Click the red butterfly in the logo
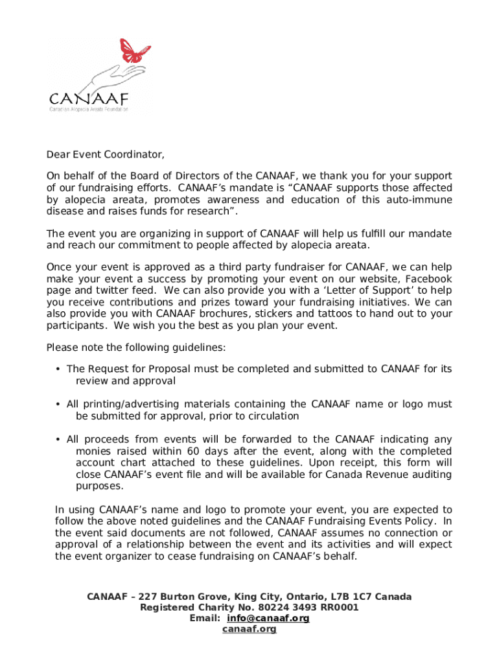pos(135,51)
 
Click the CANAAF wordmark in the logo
pos(89,99)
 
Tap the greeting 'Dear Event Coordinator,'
pos(105,155)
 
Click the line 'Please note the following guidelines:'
pos(136,348)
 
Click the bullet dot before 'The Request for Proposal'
pos(58,369)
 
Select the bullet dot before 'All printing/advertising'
pos(58,405)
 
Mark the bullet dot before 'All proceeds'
pos(58,440)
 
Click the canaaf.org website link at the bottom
pos(250,630)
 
